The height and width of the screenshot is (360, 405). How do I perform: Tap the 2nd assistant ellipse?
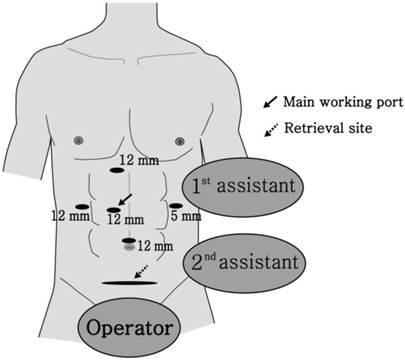click(245, 265)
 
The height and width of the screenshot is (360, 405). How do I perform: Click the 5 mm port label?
click(185, 215)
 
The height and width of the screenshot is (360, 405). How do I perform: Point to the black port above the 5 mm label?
click(176, 205)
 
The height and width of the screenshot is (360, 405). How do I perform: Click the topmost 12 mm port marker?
click(128, 171)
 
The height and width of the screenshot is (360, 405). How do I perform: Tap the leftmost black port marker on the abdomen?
click(82, 205)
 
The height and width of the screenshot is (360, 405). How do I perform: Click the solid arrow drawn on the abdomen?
click(125, 197)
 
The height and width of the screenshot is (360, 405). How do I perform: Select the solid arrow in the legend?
click(269, 102)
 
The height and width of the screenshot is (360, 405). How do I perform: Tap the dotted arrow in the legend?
click(269, 127)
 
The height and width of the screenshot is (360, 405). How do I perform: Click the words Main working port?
click(337, 102)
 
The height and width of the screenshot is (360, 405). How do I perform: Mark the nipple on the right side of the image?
click(180, 139)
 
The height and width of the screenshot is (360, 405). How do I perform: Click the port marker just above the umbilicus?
click(128, 241)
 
